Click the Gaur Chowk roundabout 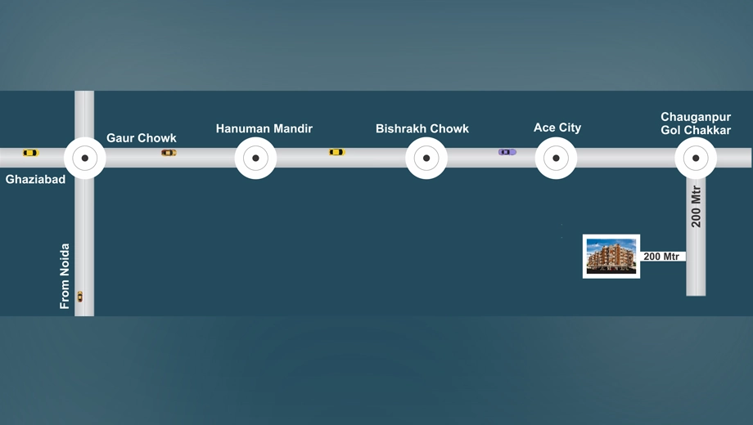84,158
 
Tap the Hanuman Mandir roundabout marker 255,158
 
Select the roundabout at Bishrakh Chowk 426,158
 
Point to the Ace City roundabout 556,158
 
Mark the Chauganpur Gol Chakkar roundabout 696,158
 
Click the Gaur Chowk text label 141,138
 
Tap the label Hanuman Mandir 264,128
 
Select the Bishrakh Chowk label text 422,128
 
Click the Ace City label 557,127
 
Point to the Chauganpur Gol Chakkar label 696,123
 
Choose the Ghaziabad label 35,180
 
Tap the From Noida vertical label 65,276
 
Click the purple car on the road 507,152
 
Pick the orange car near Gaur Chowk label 169,153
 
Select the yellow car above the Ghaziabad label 30,153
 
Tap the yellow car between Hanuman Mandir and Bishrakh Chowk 336,152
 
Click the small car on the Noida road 80,297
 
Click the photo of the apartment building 611,257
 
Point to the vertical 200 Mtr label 696,206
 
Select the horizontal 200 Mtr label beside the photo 661,257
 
